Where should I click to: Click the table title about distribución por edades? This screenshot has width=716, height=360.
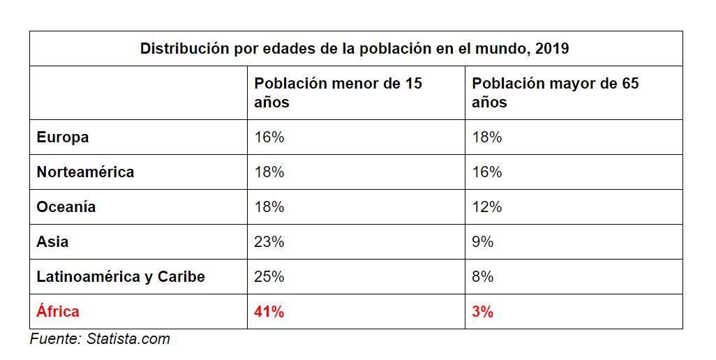[355, 49]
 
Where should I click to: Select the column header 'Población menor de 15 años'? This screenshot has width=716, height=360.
[338, 93]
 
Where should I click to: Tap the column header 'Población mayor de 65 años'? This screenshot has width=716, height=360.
[555, 93]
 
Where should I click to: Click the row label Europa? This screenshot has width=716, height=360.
[63, 137]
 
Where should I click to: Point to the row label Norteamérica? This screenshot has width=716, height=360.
[85, 172]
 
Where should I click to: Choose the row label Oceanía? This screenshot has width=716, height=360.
[66, 207]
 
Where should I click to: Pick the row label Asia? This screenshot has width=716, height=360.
[53, 242]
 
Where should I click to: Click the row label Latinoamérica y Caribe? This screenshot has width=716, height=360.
[121, 277]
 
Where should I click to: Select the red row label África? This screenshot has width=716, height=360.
[58, 312]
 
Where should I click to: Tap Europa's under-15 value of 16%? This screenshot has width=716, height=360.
[269, 137]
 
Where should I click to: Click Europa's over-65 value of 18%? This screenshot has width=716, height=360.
[487, 137]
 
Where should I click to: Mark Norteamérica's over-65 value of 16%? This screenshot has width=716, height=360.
[487, 172]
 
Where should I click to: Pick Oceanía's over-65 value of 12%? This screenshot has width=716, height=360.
[487, 207]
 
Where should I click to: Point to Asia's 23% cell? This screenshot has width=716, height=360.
[269, 242]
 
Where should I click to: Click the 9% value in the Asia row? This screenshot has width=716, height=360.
[483, 242]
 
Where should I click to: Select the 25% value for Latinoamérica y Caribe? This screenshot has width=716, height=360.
[269, 277]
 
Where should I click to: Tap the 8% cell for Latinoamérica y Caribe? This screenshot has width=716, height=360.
[483, 277]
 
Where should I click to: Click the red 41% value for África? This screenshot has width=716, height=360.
[269, 312]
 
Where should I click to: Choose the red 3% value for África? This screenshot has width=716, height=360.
[483, 312]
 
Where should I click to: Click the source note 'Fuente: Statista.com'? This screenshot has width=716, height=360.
[100, 340]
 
